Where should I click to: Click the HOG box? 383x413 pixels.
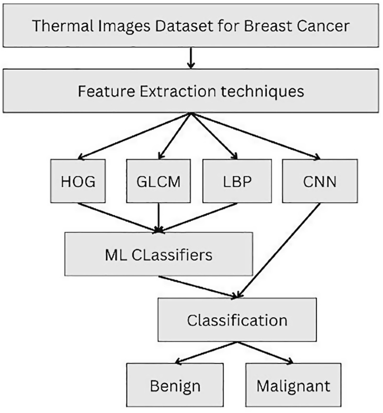coord(78,181)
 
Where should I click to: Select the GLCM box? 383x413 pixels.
coord(160,181)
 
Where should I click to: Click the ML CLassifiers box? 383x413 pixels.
coord(159,255)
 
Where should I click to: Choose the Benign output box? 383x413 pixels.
coord(175,385)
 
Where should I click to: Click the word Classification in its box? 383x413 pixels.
coord(237,320)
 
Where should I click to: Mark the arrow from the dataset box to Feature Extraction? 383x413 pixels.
coord(191,58)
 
